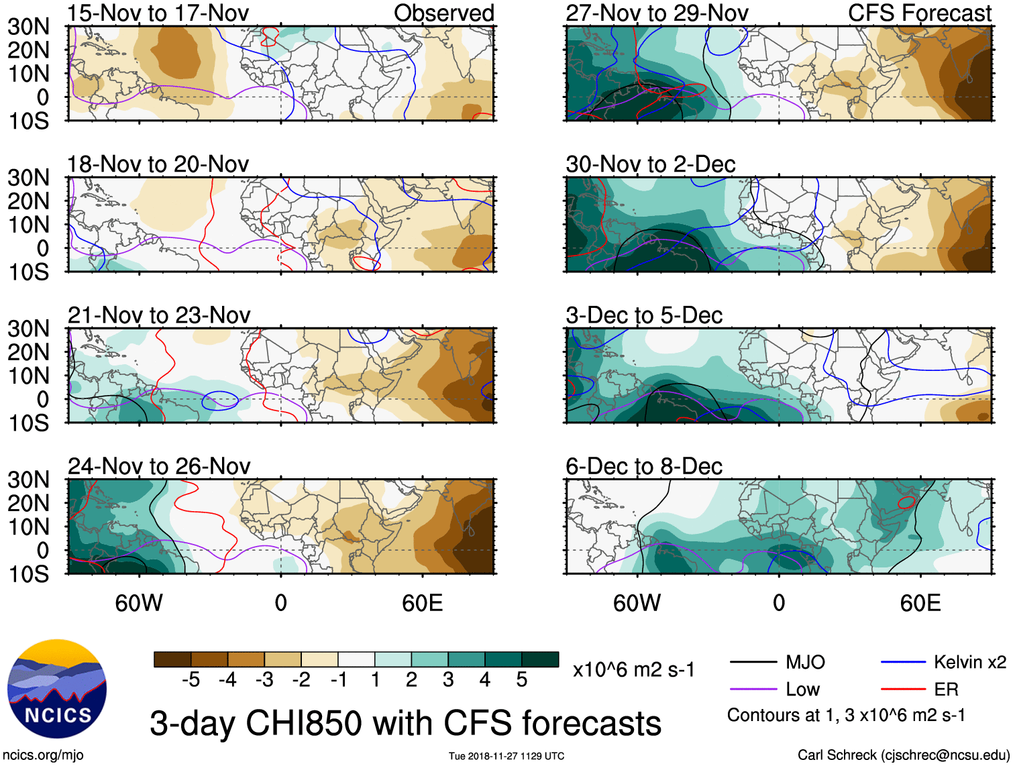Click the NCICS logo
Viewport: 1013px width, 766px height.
(57, 689)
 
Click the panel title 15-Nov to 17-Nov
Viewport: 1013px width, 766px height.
(158, 13)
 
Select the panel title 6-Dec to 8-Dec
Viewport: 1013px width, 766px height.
(643, 466)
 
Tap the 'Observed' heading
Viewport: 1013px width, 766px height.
(443, 13)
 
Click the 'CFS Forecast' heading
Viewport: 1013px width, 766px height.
(919, 13)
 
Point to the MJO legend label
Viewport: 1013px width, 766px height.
(805, 663)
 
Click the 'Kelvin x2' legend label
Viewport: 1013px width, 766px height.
(969, 663)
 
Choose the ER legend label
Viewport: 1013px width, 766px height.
(946, 690)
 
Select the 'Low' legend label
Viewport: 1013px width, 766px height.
(802, 690)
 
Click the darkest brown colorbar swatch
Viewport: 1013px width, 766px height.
(172, 659)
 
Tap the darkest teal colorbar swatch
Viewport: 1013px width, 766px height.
(540, 659)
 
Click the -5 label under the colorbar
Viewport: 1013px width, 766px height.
(191, 680)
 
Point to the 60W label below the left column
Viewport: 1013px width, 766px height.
(139, 603)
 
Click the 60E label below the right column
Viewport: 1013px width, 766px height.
(920, 603)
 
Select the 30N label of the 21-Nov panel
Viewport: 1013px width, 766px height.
(28, 329)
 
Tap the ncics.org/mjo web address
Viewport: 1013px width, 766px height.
(43, 755)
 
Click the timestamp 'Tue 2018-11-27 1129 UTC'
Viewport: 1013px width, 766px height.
(507, 756)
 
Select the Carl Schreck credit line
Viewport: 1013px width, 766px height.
(903, 755)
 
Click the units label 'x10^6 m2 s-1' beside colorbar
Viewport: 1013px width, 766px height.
(633, 669)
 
